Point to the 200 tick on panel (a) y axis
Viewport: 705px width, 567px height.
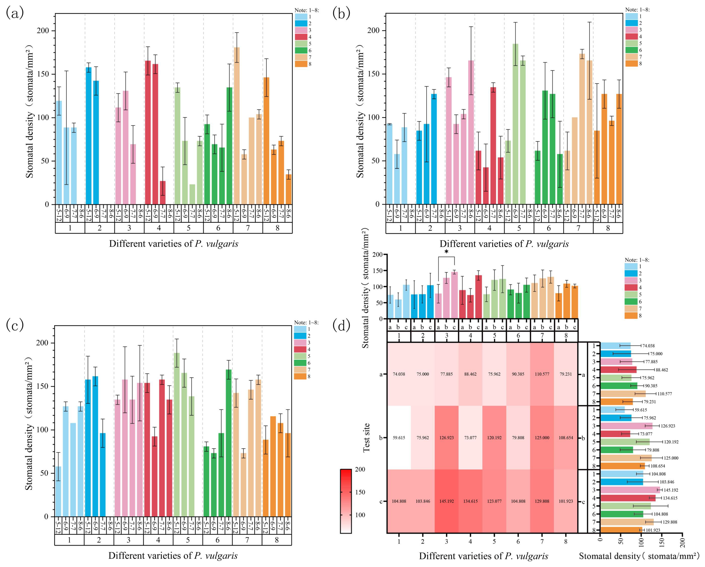[x=44, y=31]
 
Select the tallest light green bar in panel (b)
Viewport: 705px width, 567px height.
[x=515, y=124]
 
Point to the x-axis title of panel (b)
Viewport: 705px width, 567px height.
[x=504, y=244]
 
